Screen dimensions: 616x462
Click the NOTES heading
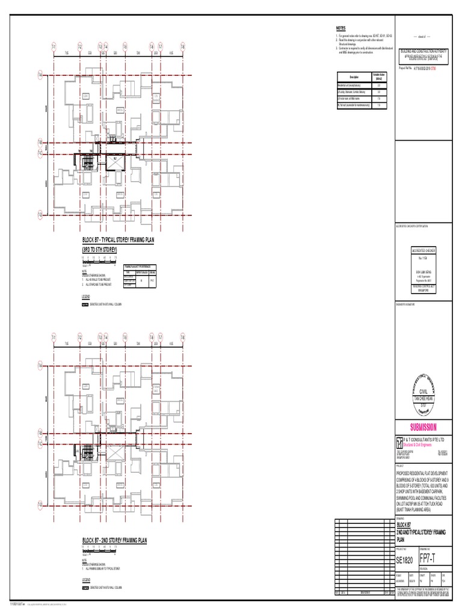coord(340,29)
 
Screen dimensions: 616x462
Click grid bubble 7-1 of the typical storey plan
coord(54,46)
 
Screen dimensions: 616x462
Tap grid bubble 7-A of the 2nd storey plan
coord(41,365)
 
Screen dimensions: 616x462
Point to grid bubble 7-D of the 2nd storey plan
coord(41,504)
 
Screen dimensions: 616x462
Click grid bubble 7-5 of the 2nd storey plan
coord(125,337)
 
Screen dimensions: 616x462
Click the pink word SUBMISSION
coord(423,427)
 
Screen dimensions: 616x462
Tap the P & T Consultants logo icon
coord(399,442)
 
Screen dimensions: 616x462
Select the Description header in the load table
coord(354,76)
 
